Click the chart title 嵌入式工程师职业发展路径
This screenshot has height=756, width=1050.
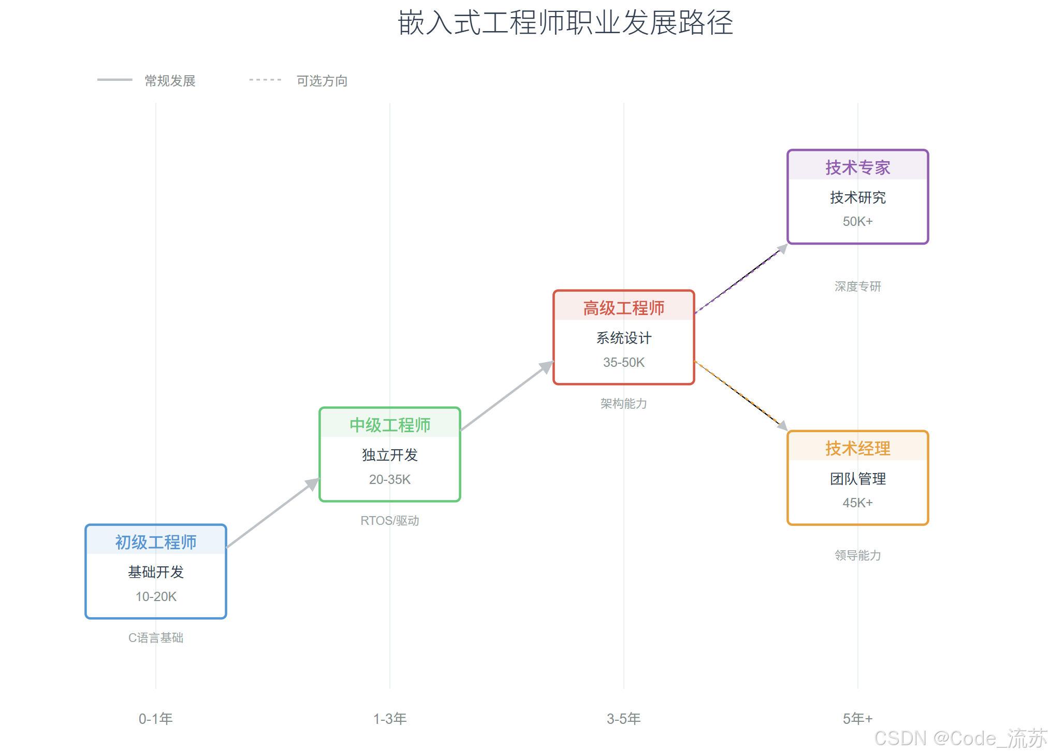565,23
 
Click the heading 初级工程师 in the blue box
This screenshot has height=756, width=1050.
156,542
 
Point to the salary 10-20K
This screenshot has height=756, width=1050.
156,596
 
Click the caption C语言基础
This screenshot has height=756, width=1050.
156,637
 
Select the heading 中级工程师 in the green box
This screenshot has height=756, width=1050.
390,425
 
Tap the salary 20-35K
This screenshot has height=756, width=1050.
390,479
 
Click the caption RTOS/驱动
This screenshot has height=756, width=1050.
390,520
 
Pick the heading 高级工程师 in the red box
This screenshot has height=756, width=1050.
623,308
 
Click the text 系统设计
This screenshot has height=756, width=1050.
623,338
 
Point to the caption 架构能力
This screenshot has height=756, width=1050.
623,403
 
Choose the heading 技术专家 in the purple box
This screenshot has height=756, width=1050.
857,167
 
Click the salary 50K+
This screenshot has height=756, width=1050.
857,221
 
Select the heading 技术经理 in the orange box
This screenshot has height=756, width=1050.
857,448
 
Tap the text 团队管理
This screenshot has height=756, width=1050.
857,478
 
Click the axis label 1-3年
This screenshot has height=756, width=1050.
390,719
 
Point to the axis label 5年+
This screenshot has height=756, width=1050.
857,719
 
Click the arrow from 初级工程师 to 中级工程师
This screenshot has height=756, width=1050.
273,513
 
